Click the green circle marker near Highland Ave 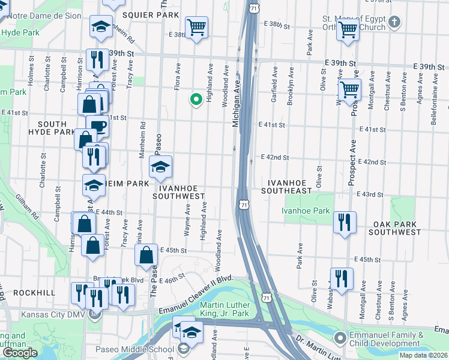(195, 100)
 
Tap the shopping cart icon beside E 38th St (196, 28)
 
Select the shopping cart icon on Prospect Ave (349, 91)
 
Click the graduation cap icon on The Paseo (160, 168)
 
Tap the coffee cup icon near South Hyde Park (98, 127)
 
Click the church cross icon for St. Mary (394, 23)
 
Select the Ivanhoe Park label (305, 211)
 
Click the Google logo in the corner (20, 353)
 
